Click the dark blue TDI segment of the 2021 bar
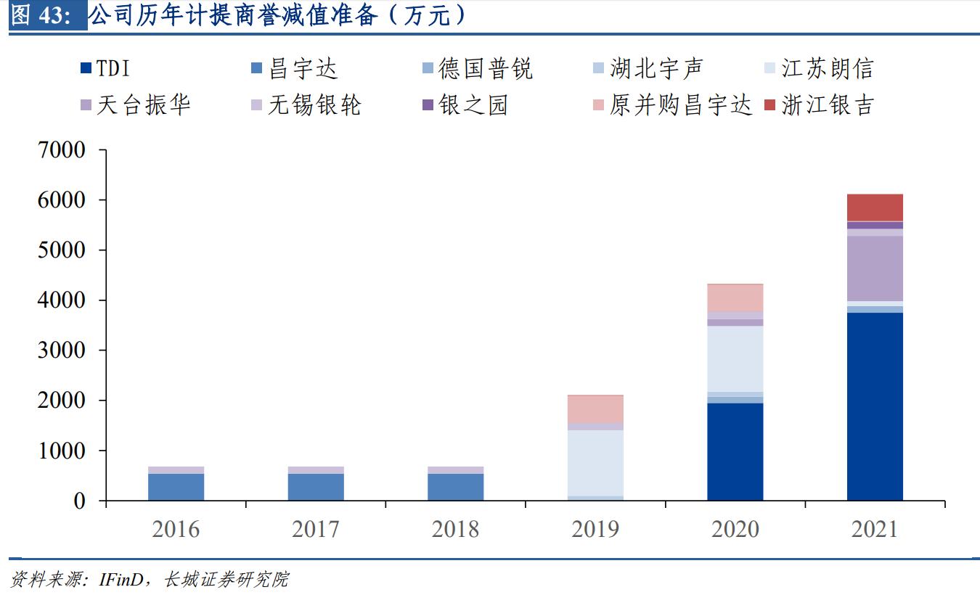(x=875, y=406)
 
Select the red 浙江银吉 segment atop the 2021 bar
(x=875, y=208)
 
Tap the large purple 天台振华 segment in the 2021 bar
(x=875, y=268)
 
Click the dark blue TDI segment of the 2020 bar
(x=735, y=451)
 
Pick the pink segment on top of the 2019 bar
(x=595, y=409)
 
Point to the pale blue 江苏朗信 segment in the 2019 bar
(x=595, y=463)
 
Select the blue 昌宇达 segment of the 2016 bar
(x=176, y=487)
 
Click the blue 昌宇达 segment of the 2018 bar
(x=455, y=487)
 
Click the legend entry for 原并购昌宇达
(x=671, y=105)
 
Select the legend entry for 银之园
(x=465, y=105)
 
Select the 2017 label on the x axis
(x=316, y=528)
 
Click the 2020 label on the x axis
(x=735, y=528)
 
